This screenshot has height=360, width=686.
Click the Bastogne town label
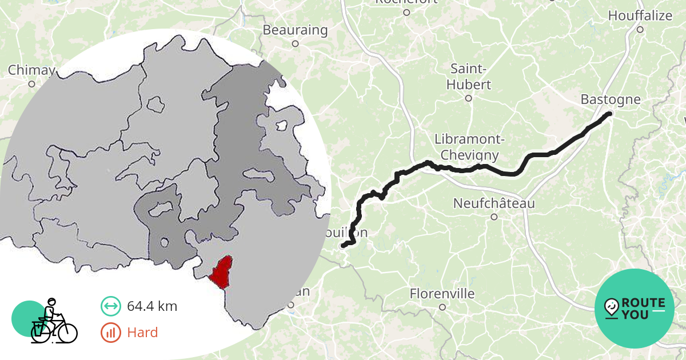[611, 99]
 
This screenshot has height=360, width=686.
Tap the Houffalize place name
[640, 15]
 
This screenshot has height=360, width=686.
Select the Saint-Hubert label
[470, 77]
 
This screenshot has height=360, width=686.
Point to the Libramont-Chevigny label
[466, 147]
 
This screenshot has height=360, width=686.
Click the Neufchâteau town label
[494, 203]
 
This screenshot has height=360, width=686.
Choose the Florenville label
[442, 294]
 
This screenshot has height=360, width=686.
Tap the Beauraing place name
[295, 30]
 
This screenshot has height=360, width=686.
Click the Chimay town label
[31, 70]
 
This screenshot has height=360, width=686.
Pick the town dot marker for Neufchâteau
[494, 217]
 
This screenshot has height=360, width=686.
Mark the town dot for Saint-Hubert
[468, 98]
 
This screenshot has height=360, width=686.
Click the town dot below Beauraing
[295, 43]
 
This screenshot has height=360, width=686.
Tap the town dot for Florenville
[442, 307]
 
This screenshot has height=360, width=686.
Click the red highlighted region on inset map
[221, 271]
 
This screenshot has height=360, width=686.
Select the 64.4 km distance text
[151, 306]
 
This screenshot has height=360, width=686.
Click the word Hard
[142, 332]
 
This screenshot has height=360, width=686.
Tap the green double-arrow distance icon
[110, 306]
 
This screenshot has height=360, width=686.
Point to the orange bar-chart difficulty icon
[110, 332]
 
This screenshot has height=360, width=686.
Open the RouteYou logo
[635, 309]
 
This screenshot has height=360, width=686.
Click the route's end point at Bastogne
[609, 114]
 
